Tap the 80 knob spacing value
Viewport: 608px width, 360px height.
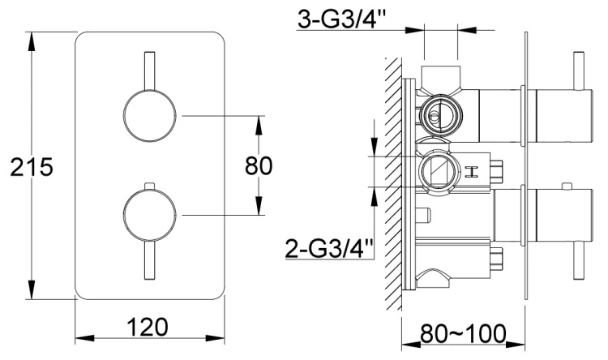point(259,166)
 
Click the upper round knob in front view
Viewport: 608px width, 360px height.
point(148,117)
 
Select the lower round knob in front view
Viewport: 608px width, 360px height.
point(148,215)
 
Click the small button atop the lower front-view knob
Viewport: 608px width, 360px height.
point(148,186)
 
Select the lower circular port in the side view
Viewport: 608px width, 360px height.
point(437,171)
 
